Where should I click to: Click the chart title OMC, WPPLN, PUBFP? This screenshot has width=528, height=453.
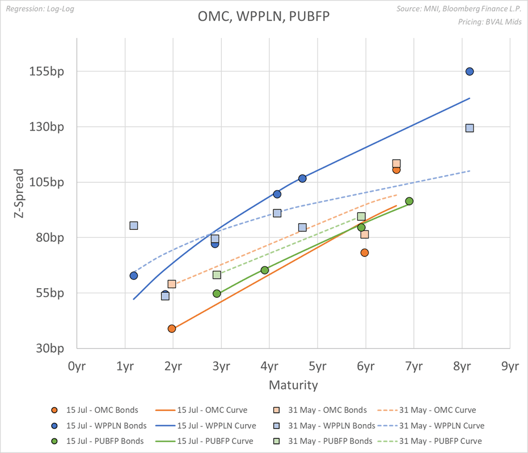263,16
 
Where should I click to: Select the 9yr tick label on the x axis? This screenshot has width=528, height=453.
510,366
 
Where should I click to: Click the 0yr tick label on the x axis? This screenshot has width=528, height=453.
77,366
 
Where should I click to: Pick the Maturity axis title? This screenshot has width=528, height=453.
293,386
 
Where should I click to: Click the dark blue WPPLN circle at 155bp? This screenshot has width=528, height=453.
470,71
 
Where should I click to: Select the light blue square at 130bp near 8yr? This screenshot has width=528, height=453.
470,128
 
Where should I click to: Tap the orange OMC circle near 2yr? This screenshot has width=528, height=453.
172,328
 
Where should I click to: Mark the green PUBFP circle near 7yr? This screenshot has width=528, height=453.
409,201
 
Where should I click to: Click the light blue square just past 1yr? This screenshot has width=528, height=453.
134,225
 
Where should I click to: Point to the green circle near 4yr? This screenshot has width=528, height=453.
265,270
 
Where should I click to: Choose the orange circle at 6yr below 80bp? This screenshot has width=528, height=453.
365,253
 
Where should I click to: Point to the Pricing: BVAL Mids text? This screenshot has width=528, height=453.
489,22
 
